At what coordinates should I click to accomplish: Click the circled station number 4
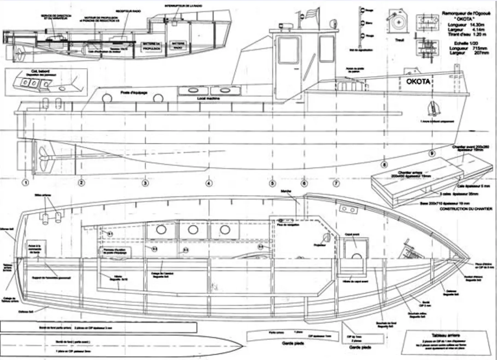pos(209,183)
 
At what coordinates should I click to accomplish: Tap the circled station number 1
pos(26,183)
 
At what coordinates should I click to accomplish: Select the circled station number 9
pos(432,153)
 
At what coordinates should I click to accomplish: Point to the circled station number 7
pos(336,183)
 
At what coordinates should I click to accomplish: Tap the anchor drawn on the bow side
pos(433,108)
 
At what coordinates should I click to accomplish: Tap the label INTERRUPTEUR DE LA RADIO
pos(183,6)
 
